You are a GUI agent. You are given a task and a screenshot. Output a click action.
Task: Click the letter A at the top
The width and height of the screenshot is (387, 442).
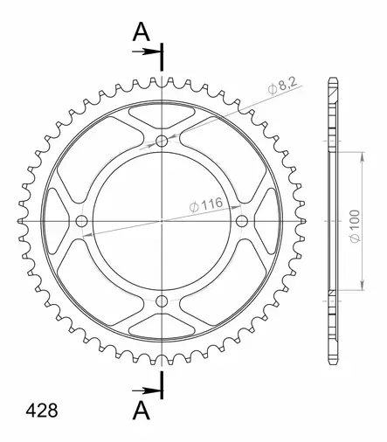click(x=142, y=32)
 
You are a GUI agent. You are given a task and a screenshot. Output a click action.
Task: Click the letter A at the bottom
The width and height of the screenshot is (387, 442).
click(x=142, y=411)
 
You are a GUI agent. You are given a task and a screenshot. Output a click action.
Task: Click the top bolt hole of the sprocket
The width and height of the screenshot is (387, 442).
click(x=162, y=141)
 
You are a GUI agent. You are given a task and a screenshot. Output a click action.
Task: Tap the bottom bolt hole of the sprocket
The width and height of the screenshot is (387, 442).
click(x=162, y=301)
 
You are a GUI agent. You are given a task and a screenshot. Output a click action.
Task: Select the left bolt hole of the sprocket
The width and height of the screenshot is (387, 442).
click(x=82, y=221)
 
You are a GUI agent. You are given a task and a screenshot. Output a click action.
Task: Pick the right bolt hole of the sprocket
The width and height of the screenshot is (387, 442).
click(x=243, y=221)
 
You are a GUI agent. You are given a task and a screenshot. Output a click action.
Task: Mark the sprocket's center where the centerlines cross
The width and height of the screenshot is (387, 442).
click(x=162, y=221)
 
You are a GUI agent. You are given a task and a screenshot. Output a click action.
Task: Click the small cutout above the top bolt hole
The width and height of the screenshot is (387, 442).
click(x=162, y=113)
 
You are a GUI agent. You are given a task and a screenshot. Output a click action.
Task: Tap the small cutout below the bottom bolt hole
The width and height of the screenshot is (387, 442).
click(x=162, y=329)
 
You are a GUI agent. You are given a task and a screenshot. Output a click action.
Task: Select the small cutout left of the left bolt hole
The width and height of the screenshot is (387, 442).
click(x=54, y=221)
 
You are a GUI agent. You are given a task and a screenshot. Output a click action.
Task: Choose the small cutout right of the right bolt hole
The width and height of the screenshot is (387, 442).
click(x=271, y=221)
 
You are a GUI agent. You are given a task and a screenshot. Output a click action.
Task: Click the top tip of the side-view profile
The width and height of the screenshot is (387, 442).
click(x=332, y=81)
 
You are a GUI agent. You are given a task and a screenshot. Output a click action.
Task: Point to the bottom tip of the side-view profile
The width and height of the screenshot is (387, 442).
click(x=332, y=361)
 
